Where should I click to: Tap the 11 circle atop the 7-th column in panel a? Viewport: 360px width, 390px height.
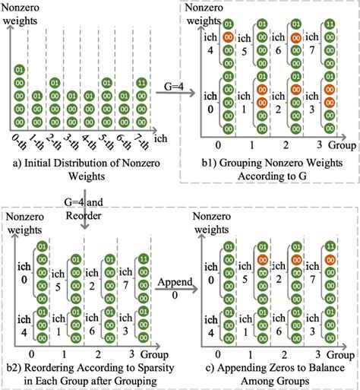142,82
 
